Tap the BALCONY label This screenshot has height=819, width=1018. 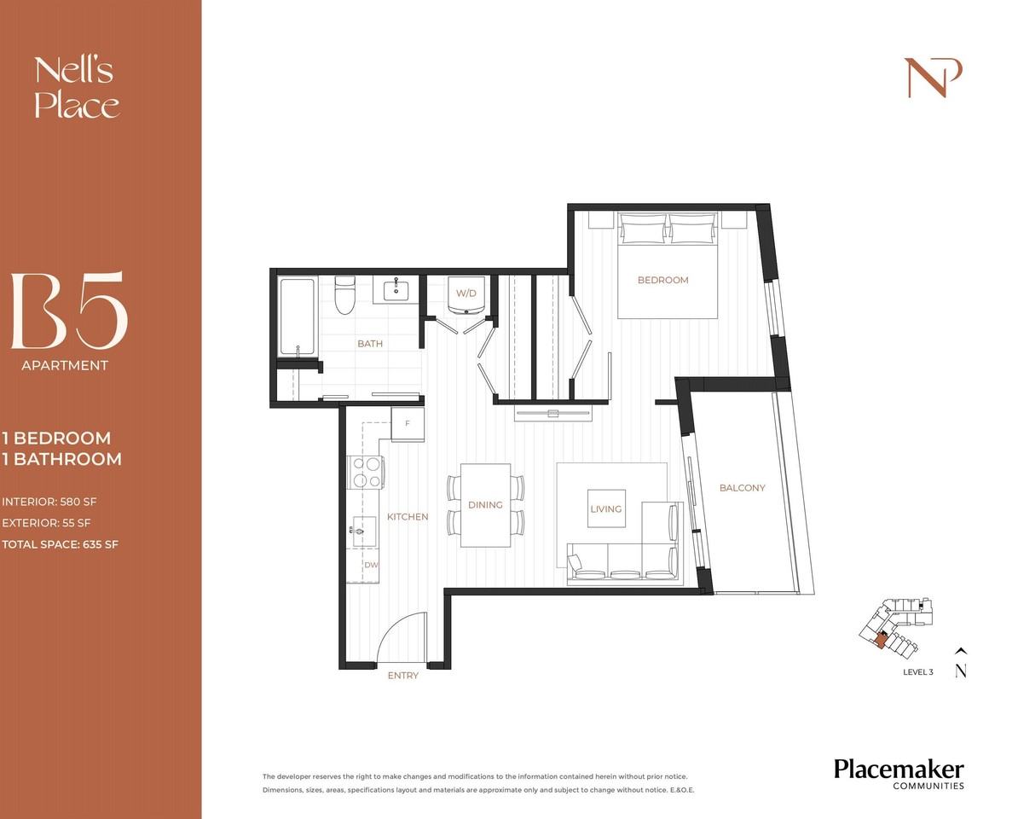point(742,488)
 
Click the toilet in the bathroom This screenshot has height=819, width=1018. point(345,295)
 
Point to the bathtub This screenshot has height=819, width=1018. point(298,316)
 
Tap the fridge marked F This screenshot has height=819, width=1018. point(408,424)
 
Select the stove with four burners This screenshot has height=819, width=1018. point(365,473)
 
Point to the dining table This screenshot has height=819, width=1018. point(485,505)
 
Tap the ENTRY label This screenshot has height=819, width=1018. point(403,676)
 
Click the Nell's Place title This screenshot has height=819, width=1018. point(76,87)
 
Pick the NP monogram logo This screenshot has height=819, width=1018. point(933,78)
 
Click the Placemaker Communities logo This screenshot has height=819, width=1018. point(899,773)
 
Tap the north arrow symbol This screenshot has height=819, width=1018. point(961,662)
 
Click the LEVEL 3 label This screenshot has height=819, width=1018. point(917,672)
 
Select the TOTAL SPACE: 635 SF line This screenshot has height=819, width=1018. point(60,543)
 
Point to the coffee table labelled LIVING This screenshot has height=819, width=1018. point(606,508)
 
